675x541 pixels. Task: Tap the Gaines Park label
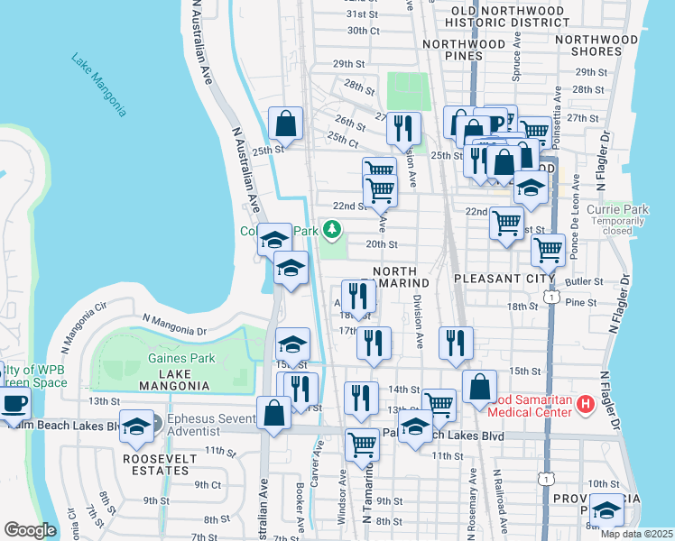(181, 358)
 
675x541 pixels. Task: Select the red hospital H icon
(585, 402)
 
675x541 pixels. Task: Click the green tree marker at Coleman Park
(332, 231)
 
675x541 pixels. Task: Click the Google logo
(30, 530)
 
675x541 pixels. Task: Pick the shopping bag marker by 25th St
(285, 124)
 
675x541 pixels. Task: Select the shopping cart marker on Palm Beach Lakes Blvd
(362, 444)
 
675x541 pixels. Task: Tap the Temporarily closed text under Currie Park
(618, 225)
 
